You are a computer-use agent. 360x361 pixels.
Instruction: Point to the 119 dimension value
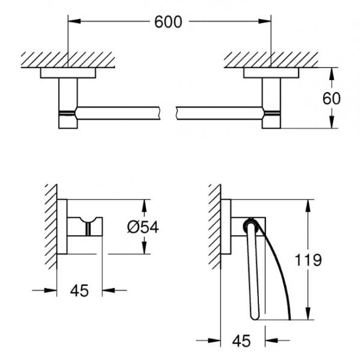[309, 260]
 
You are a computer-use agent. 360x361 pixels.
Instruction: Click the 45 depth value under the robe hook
[79, 291]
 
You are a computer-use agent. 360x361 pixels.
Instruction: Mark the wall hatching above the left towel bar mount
[67, 59]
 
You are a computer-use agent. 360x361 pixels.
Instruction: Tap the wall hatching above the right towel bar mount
[271, 59]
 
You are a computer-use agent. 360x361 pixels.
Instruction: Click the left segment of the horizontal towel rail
[120, 112]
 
